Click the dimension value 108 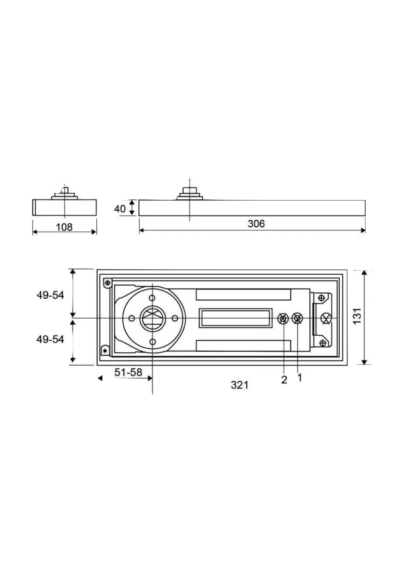64,227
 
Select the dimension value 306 256,224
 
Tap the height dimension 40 120,209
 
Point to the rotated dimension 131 357,316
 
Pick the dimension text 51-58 128,372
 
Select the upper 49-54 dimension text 50,296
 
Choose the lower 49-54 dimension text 50,339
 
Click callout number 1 300,377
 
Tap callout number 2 284,380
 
